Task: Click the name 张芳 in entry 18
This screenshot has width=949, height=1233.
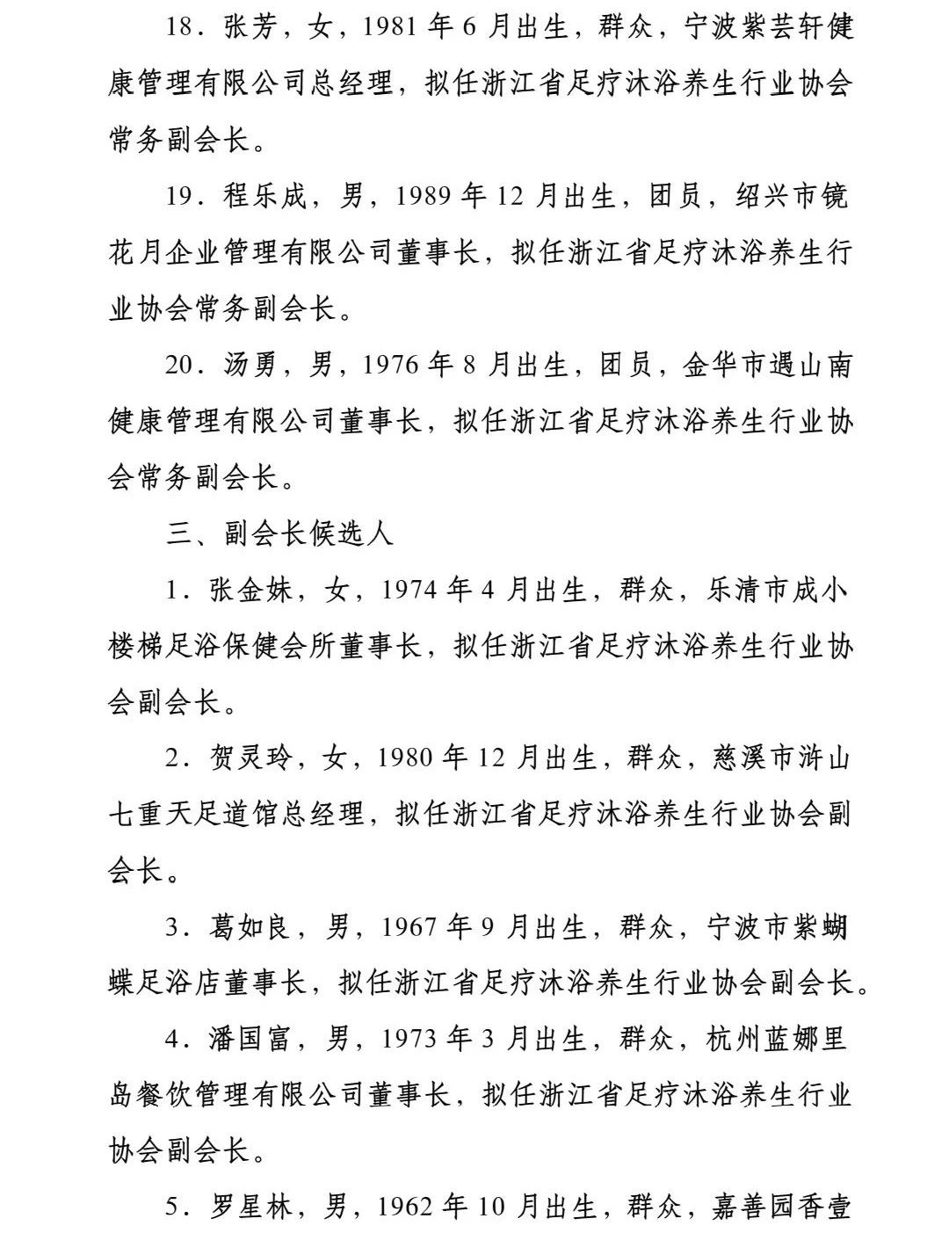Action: tap(251, 27)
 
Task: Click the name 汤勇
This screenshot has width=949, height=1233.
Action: tap(251, 365)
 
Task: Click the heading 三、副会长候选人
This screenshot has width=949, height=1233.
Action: tap(280, 533)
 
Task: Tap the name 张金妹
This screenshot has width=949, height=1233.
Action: tap(251, 590)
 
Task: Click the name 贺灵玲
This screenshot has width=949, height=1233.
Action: tap(251, 758)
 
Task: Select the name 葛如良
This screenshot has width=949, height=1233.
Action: tap(251, 927)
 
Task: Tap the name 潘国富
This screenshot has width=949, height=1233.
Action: tap(251, 1040)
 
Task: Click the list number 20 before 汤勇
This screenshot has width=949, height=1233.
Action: tap(179, 365)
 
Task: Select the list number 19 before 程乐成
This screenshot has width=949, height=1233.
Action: tap(179, 195)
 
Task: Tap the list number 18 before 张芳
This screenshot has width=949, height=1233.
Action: tap(179, 27)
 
